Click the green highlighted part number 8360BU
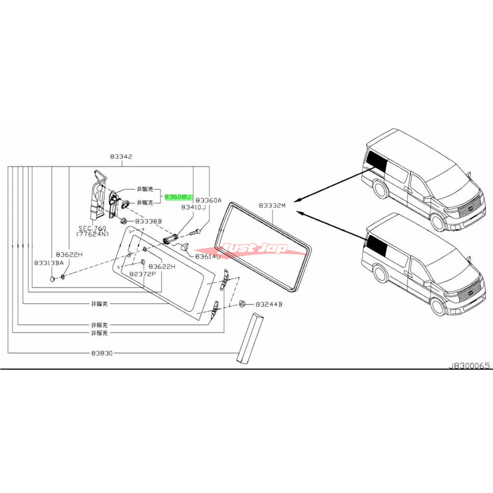[x=178, y=197]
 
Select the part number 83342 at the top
[x=119, y=157]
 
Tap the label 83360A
[x=208, y=200]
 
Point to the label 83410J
[x=195, y=208]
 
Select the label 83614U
[x=208, y=256]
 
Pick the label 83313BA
[x=49, y=263]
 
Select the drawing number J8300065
[x=468, y=365]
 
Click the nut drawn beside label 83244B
[x=242, y=304]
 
